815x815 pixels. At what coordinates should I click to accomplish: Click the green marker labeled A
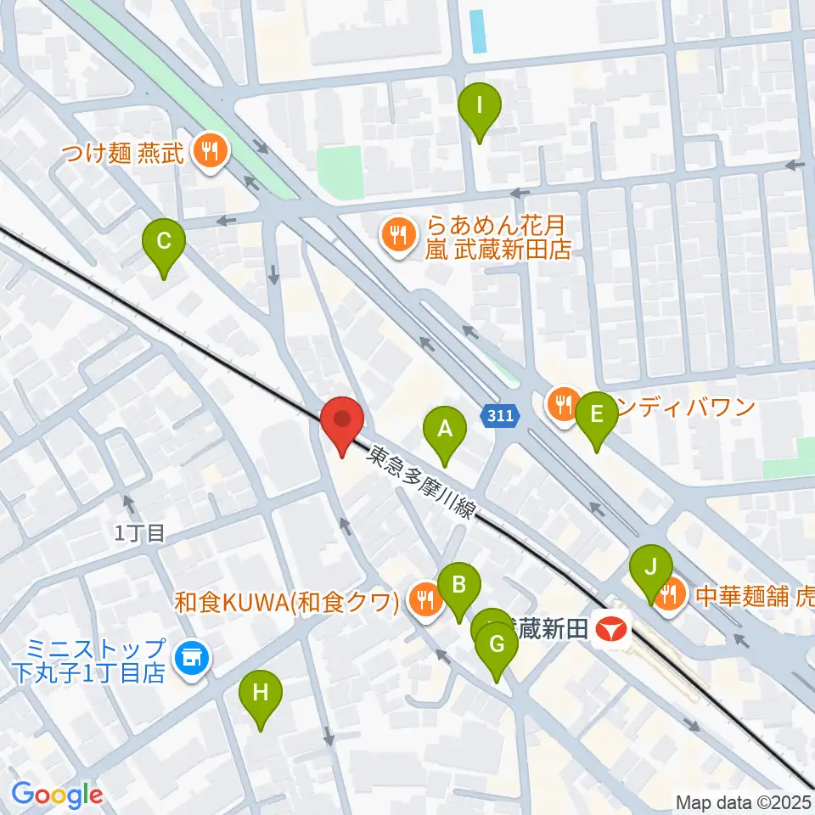pos(445,428)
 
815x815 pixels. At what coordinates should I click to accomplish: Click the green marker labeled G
pos(497,645)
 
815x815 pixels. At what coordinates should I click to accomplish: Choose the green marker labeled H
pos(261,693)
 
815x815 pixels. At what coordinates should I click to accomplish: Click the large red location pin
pos(342,419)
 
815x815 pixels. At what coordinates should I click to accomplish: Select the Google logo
pos(57,794)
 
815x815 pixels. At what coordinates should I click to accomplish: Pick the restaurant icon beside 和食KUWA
pos(424,601)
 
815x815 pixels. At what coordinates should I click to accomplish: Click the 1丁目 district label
pos(140,534)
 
